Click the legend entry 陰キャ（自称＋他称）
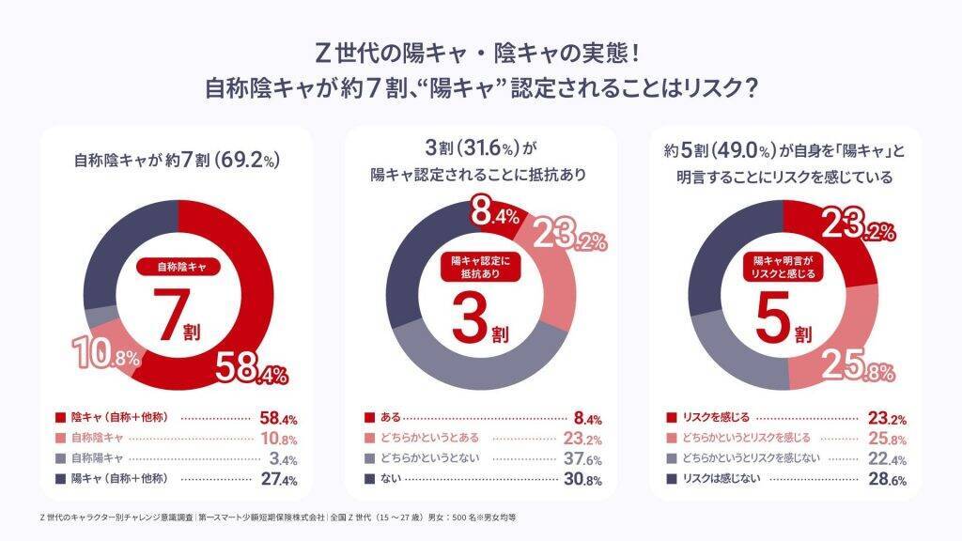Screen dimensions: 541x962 pyautogui.click(x=118, y=416)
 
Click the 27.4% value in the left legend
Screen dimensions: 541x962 pyautogui.click(x=279, y=480)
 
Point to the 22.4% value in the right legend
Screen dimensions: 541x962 pyautogui.click(x=886, y=458)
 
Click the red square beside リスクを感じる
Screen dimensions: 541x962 pyautogui.click(x=672, y=417)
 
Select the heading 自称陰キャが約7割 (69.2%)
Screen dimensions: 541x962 pyautogui.click(x=178, y=160)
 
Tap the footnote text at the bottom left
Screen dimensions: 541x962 pyautogui.click(x=278, y=518)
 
